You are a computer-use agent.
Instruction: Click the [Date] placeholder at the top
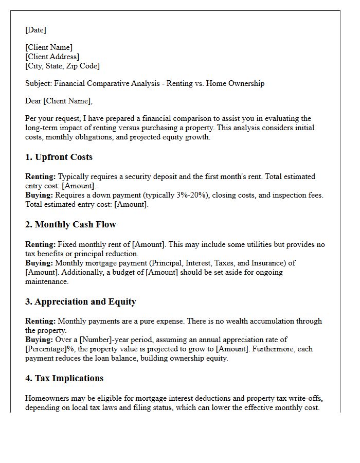click(x=35, y=30)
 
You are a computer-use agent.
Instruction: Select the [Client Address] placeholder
click(x=52, y=57)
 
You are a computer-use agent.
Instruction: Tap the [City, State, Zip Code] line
click(x=62, y=66)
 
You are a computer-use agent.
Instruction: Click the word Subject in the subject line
click(x=39, y=83)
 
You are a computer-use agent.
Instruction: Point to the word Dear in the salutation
click(x=33, y=101)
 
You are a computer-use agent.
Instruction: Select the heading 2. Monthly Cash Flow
click(x=70, y=224)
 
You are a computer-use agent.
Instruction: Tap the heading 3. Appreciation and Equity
click(x=81, y=301)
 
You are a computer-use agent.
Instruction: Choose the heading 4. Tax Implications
click(x=64, y=378)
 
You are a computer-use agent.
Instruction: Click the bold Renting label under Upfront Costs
click(x=41, y=176)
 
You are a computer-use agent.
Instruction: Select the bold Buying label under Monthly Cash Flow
click(x=39, y=263)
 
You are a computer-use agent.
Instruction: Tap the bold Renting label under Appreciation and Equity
click(x=41, y=321)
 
